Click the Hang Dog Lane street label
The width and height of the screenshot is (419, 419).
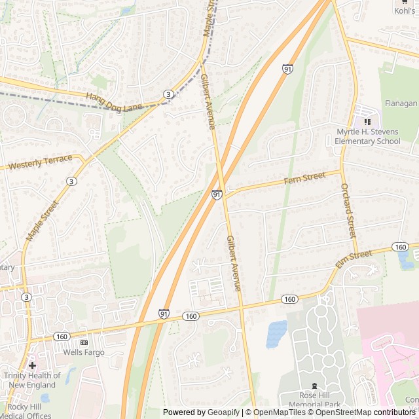(x=114, y=101)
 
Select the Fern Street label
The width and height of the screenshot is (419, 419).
(x=304, y=177)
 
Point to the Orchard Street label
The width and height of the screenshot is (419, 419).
(x=348, y=210)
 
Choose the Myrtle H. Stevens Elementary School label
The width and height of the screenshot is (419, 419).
(x=367, y=136)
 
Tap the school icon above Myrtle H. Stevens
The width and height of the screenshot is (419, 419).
(x=367, y=122)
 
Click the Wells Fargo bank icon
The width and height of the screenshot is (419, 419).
(x=84, y=342)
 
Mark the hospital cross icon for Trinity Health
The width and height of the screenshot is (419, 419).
(x=31, y=365)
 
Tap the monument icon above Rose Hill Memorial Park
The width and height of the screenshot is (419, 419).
(x=315, y=386)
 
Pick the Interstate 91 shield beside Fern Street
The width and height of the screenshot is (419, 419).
(x=217, y=194)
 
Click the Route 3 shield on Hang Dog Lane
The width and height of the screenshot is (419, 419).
(x=169, y=95)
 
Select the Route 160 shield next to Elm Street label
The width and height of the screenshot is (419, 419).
(x=400, y=246)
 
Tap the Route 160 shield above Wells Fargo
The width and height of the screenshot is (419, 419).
(x=62, y=337)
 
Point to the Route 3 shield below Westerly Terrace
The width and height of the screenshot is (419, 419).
(x=70, y=181)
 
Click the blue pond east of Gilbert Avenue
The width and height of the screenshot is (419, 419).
(x=277, y=334)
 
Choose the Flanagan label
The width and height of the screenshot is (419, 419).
(x=401, y=103)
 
